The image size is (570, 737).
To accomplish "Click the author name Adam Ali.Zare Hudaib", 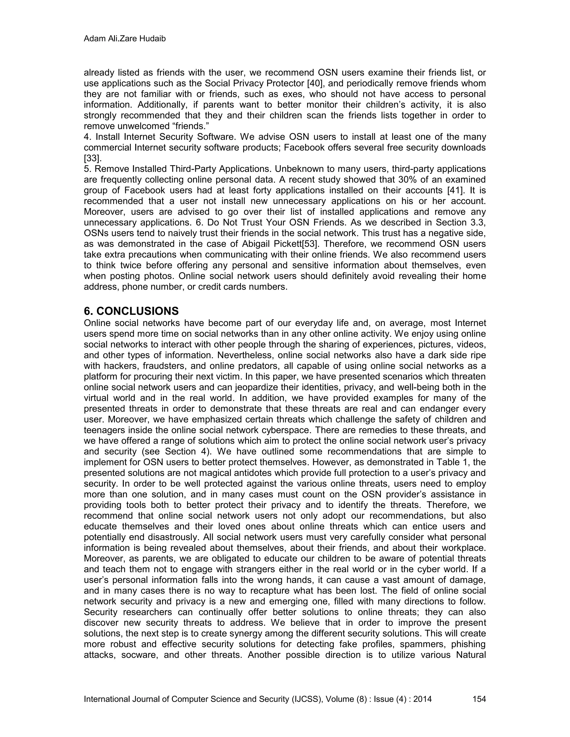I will click(125, 39).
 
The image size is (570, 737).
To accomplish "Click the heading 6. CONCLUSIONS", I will click(131, 311).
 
